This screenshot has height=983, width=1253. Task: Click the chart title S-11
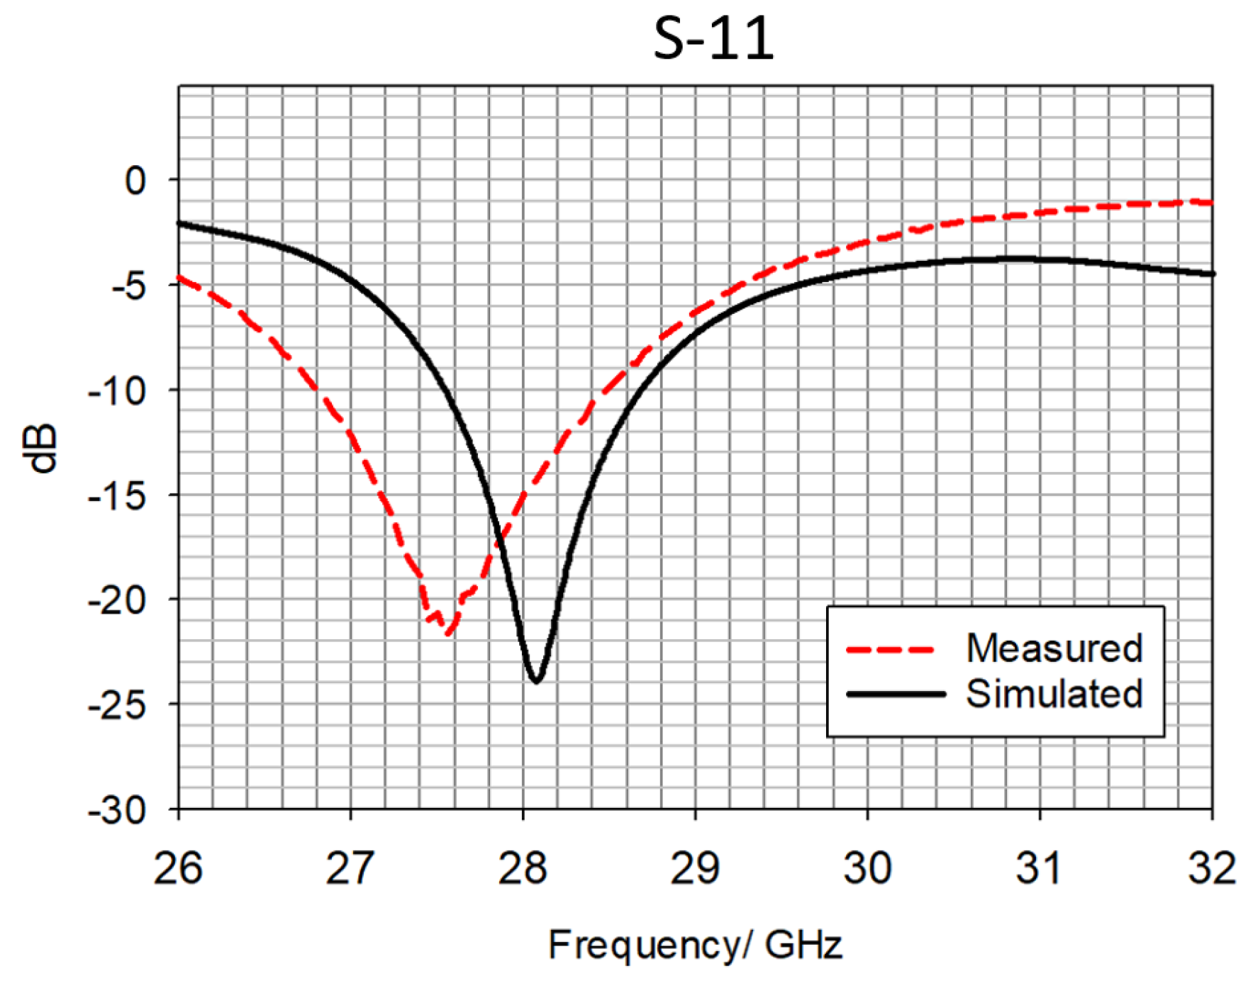pos(713,39)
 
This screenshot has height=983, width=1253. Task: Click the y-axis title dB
pos(40,449)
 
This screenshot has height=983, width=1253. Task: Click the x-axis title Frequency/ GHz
pos(695,945)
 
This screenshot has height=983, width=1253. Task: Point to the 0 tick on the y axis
pos(135,181)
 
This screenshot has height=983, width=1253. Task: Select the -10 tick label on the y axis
pos(117,391)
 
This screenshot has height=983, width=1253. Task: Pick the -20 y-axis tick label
pos(117,600)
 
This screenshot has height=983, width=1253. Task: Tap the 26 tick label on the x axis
pos(178,867)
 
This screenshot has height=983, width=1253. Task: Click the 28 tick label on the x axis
pos(523,867)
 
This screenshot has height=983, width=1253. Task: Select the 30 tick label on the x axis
pos(867,867)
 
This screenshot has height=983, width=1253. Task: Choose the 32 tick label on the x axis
pos(1211,867)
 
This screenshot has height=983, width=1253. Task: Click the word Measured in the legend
pos(1054,648)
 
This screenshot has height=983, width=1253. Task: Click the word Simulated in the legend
pos(1054,694)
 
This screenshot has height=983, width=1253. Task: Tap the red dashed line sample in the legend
pos(891,649)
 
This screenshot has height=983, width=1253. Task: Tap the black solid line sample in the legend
pos(896,695)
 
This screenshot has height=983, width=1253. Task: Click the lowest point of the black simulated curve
pos(536,681)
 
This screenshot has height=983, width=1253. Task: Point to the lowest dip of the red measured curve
pos(447,633)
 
